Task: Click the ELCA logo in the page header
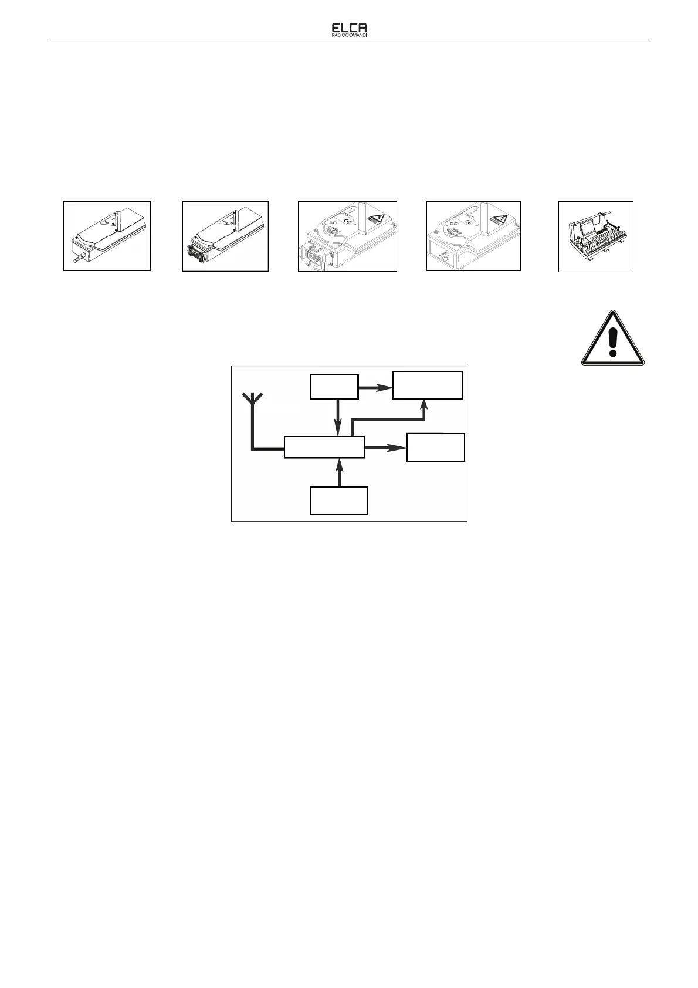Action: (x=349, y=28)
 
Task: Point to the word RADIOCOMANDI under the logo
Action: (x=349, y=35)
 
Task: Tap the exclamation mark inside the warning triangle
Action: (x=613, y=342)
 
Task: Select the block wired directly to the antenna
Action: (x=324, y=447)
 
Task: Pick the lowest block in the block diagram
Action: (x=339, y=500)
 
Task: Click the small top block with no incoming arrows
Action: (x=334, y=388)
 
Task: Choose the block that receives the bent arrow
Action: (x=428, y=384)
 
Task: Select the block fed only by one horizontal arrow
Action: (x=436, y=447)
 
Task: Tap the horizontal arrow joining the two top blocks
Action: (x=375, y=388)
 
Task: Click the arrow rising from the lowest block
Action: (x=339, y=473)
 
